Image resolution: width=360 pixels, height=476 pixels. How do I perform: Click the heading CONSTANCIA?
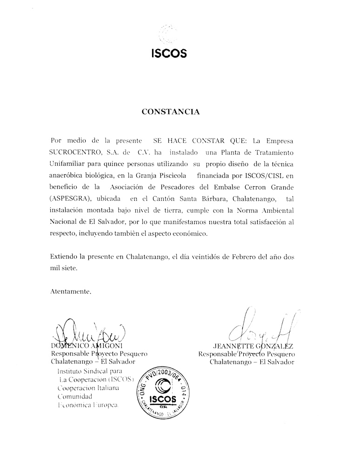coord(171,112)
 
